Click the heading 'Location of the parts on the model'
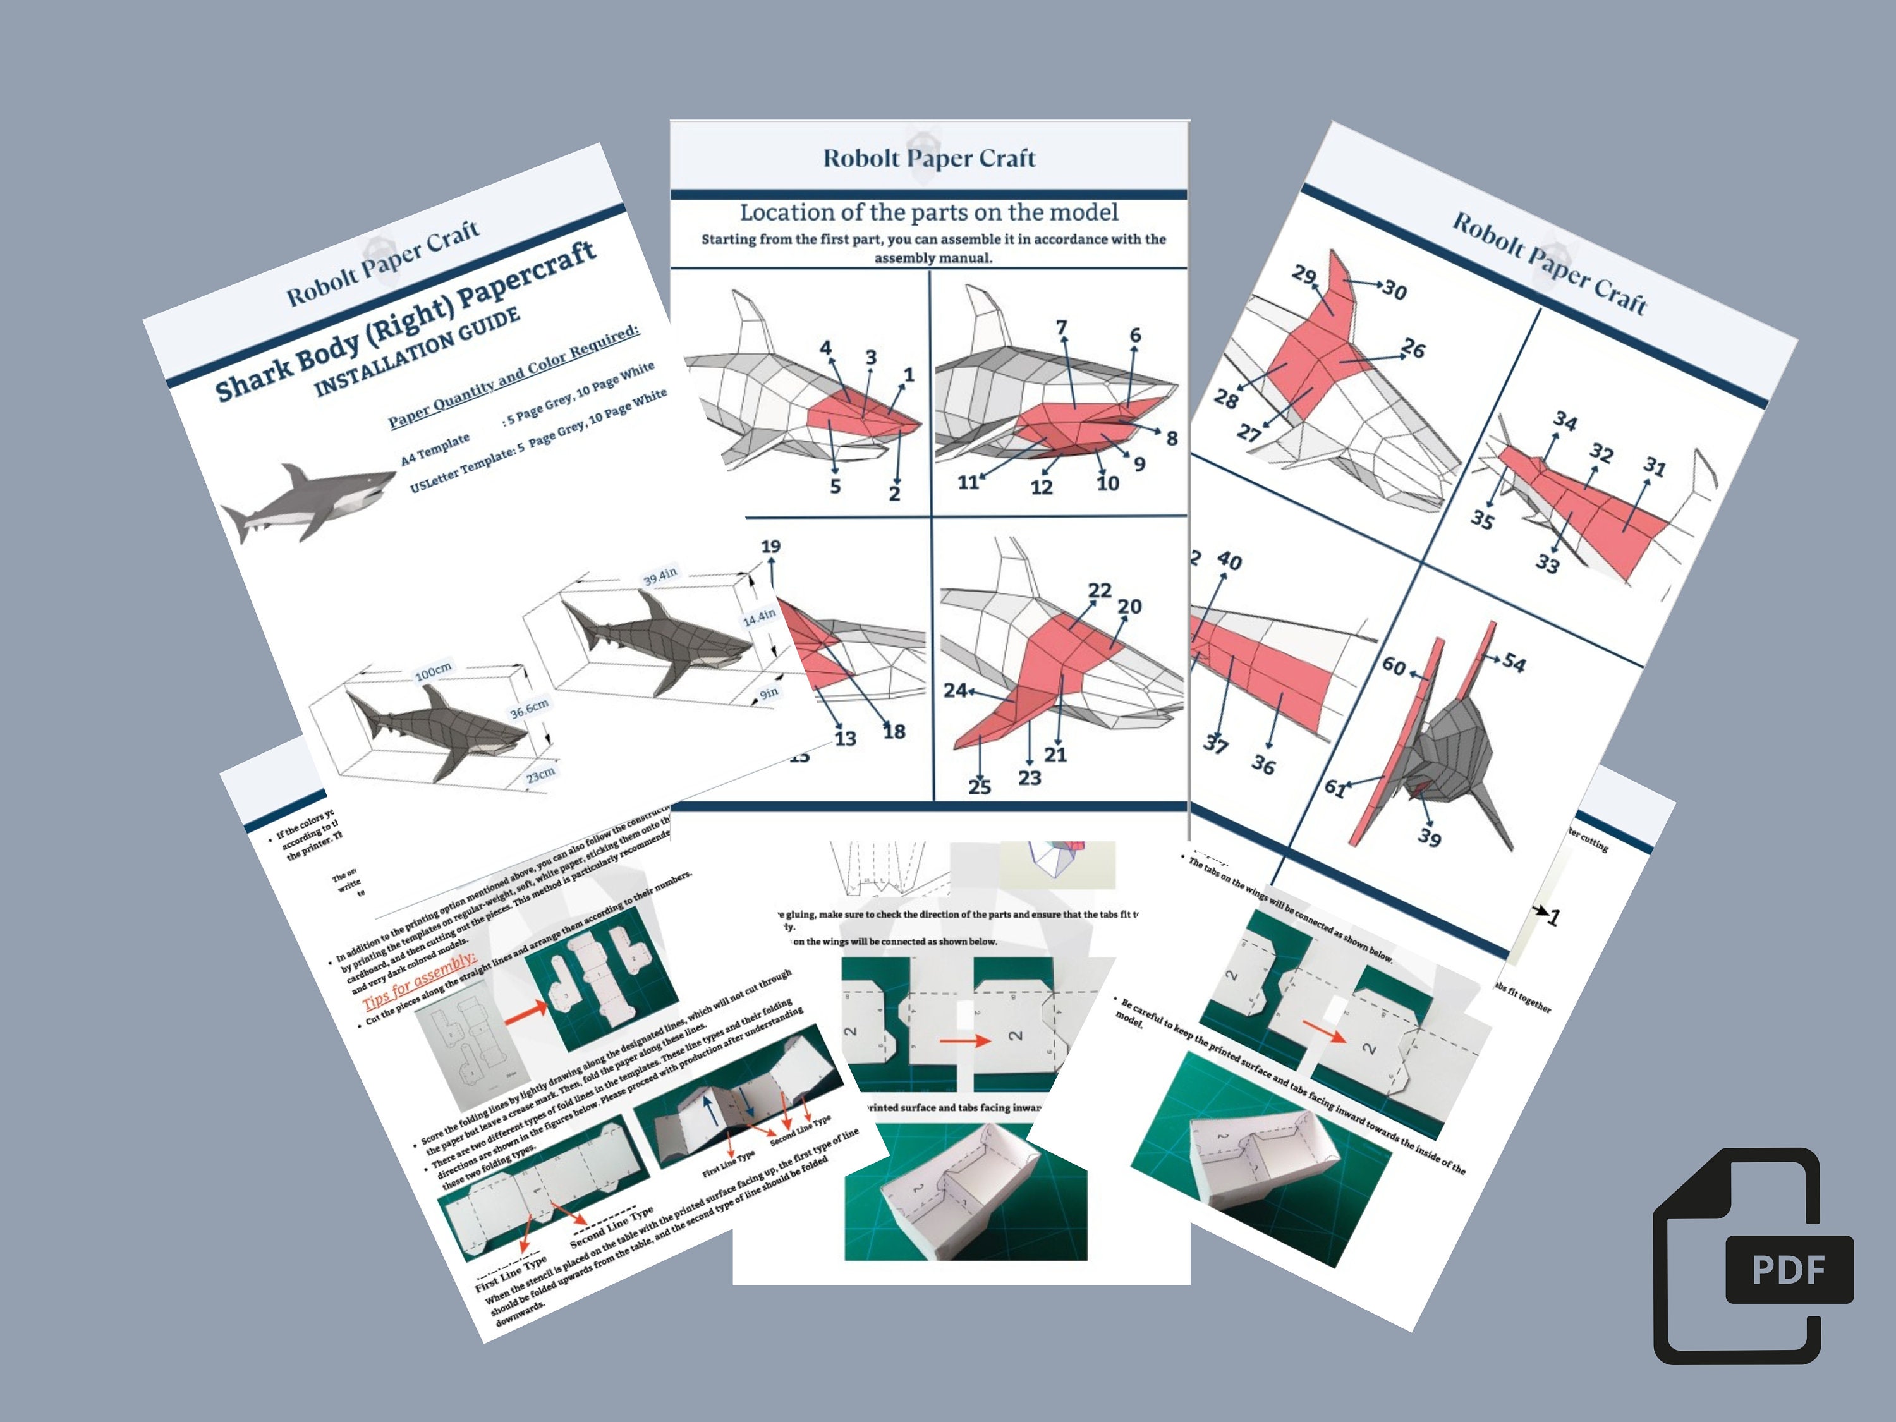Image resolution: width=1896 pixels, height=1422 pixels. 929,212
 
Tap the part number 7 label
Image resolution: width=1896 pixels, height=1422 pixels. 1061,327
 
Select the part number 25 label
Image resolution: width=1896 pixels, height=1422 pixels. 979,786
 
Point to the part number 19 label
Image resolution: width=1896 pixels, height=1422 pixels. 770,547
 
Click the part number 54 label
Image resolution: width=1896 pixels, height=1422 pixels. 1514,664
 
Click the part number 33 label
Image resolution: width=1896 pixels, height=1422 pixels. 1547,563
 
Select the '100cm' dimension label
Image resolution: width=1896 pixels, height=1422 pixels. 433,671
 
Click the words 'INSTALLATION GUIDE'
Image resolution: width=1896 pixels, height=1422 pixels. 416,351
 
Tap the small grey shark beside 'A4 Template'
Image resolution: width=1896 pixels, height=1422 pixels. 304,501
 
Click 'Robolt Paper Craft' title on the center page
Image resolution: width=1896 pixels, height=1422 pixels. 929,159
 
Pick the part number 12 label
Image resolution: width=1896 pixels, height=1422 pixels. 1040,487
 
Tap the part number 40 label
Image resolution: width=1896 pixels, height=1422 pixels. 1228,561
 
